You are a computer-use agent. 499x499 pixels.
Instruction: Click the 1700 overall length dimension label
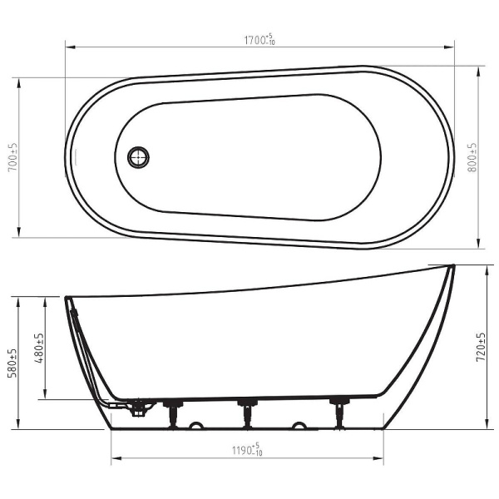pos(259,39)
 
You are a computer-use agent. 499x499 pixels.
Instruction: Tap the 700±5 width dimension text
pos(13,157)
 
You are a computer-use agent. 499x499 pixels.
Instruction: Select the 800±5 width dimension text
pos(472,157)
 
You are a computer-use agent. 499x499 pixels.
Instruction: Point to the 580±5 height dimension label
pos(13,363)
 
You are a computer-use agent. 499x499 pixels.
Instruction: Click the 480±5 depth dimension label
pos(40,348)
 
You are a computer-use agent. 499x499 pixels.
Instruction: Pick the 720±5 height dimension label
pos(481,347)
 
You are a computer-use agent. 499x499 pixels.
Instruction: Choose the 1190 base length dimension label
pos(247,449)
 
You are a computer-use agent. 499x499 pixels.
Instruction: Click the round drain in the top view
pos(138,157)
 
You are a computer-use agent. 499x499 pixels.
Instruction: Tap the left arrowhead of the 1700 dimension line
pos(71,47)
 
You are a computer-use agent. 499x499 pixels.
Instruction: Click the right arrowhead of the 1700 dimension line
pos(449,47)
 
